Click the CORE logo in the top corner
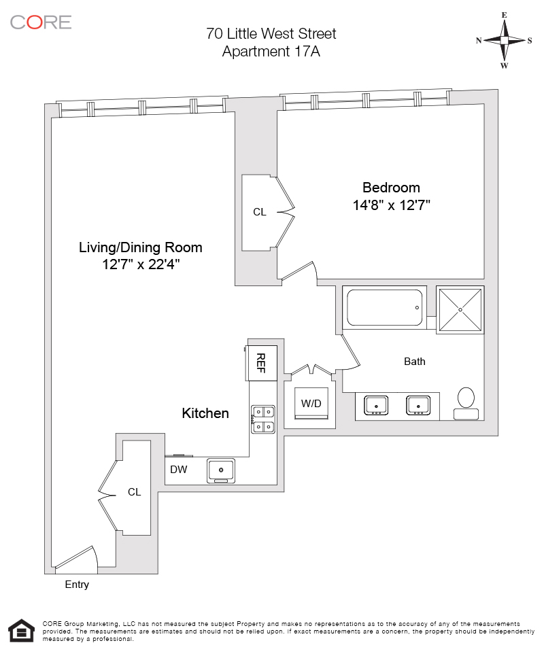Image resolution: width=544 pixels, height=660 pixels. (41, 22)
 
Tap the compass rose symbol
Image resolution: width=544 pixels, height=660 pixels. (504, 40)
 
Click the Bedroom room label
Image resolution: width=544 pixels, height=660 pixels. (391, 188)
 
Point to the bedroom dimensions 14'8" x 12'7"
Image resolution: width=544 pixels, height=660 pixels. (391, 205)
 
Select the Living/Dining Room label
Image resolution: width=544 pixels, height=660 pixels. (141, 247)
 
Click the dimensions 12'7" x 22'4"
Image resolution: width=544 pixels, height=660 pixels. (141, 264)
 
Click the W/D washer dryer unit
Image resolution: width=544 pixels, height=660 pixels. (311, 404)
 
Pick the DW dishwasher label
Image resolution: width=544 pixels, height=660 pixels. (178, 470)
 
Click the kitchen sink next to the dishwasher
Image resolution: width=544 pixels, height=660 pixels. (221, 470)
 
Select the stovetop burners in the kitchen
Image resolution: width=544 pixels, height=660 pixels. (262, 419)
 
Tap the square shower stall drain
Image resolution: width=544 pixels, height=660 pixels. (460, 310)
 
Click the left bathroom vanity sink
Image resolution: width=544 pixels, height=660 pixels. (376, 406)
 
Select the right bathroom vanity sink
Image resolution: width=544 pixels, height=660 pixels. (418, 406)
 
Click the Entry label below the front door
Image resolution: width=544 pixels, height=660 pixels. (77, 585)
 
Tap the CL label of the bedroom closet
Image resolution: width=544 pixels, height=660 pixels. (260, 212)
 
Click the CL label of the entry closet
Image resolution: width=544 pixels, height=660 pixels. (135, 492)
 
